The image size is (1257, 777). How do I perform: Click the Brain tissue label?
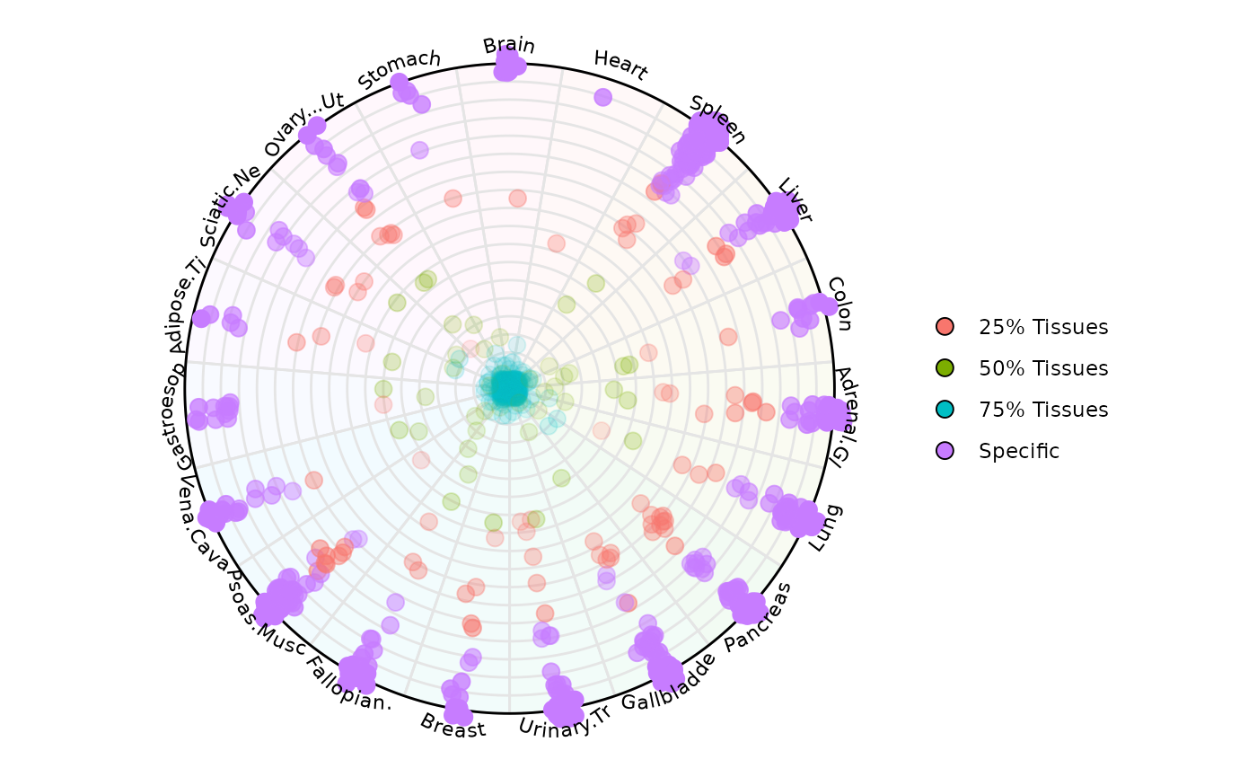(x=508, y=46)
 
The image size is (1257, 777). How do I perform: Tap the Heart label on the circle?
(x=620, y=65)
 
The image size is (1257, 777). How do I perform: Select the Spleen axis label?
(x=717, y=119)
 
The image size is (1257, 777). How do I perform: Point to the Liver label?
(x=795, y=200)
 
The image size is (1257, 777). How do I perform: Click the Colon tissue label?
(x=839, y=304)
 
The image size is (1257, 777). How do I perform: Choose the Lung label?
(x=825, y=528)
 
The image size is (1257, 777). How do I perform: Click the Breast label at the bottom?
(x=453, y=725)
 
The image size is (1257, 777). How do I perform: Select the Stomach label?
(x=400, y=69)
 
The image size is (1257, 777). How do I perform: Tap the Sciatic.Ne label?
(x=230, y=205)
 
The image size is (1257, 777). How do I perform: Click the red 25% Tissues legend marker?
(x=945, y=327)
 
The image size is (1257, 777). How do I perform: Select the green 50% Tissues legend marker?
(x=945, y=368)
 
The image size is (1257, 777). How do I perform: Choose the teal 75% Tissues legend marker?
(x=945, y=410)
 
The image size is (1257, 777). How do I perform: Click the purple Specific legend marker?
(x=945, y=451)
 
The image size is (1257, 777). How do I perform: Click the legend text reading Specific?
(x=1019, y=451)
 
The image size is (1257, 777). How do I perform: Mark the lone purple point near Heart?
(x=602, y=97)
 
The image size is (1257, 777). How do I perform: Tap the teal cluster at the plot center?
(x=509, y=388)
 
